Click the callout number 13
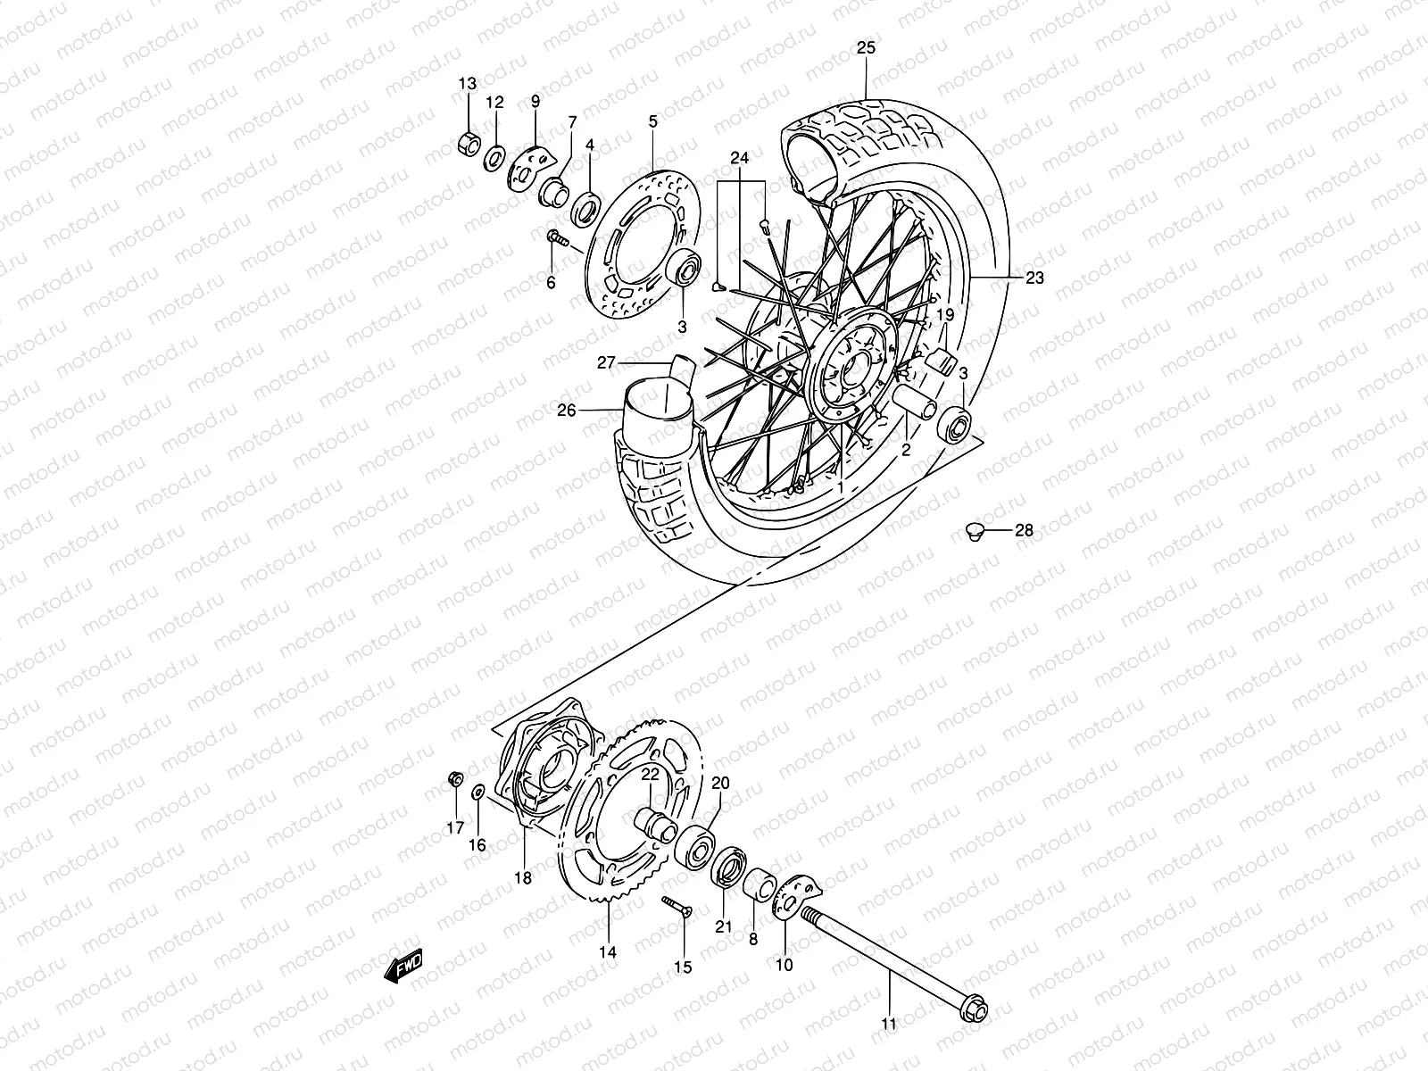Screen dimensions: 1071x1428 468,84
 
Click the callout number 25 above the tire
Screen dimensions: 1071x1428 866,48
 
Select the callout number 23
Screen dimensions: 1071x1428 1034,278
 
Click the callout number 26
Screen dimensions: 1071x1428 567,411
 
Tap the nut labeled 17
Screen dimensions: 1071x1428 454,780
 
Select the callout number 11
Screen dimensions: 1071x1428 888,1025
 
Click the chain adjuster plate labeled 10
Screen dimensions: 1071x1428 787,896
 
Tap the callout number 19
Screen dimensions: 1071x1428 945,314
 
